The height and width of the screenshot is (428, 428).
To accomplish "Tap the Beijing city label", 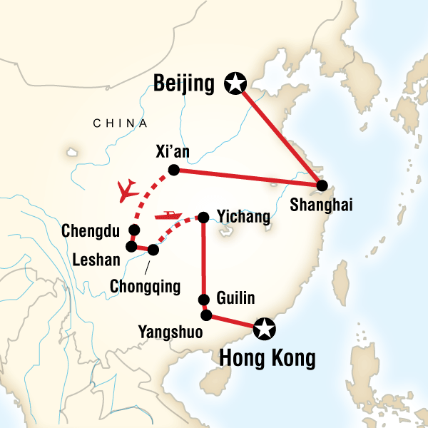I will pos(184,85).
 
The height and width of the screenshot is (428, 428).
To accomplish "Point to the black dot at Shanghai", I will pos(322,185).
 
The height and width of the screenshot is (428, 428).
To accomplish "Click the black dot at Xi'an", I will pos(173,169).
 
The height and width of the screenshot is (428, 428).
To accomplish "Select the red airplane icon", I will pos(128,190).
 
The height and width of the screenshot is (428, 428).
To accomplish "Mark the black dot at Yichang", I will pos(203,217).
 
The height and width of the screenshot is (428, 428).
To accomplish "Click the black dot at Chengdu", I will pos(133,230).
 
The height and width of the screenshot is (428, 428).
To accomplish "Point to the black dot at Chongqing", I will pos(153,250).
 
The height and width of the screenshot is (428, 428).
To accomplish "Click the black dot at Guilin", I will pos(205,300).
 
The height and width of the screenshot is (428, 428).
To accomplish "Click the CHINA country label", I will pos(114,124).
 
